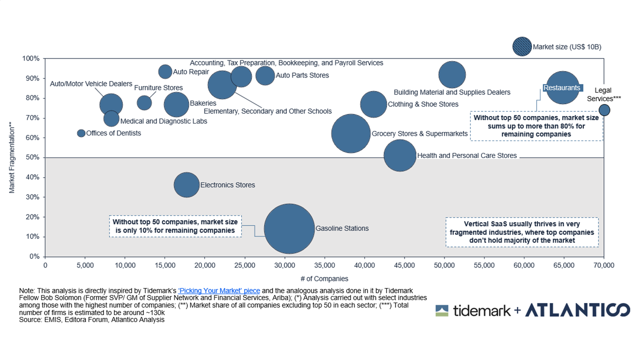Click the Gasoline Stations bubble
[289, 229]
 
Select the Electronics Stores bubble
[186, 185]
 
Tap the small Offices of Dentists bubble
[81, 133]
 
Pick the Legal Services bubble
[604, 110]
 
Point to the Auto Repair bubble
[165, 71]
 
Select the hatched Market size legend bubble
[522, 46]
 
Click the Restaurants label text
[561, 88]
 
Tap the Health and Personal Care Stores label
[466, 155]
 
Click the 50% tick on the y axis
[33, 157]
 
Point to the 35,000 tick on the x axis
[324, 265]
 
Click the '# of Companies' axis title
[324, 278]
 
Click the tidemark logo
[472, 310]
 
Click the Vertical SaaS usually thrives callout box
[522, 232]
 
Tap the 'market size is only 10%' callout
[174, 226]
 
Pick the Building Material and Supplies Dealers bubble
[452, 74]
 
